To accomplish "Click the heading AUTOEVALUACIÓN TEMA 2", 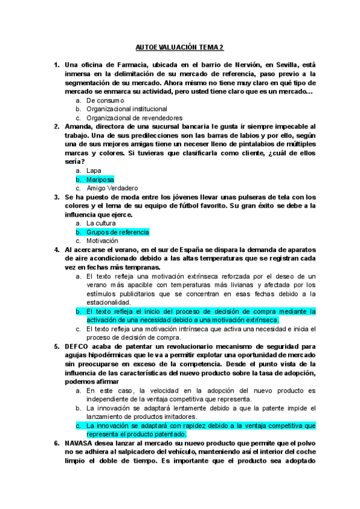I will [x=179, y=47].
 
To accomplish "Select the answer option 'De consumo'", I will [x=105, y=100].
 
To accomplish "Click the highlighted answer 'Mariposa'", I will [x=100, y=179].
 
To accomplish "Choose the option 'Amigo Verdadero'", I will [x=112, y=188].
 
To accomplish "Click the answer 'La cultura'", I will [x=101, y=223].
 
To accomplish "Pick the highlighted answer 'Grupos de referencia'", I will [x=117, y=232].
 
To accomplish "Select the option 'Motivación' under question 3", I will [x=103, y=241].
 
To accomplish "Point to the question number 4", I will [x=56, y=250].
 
